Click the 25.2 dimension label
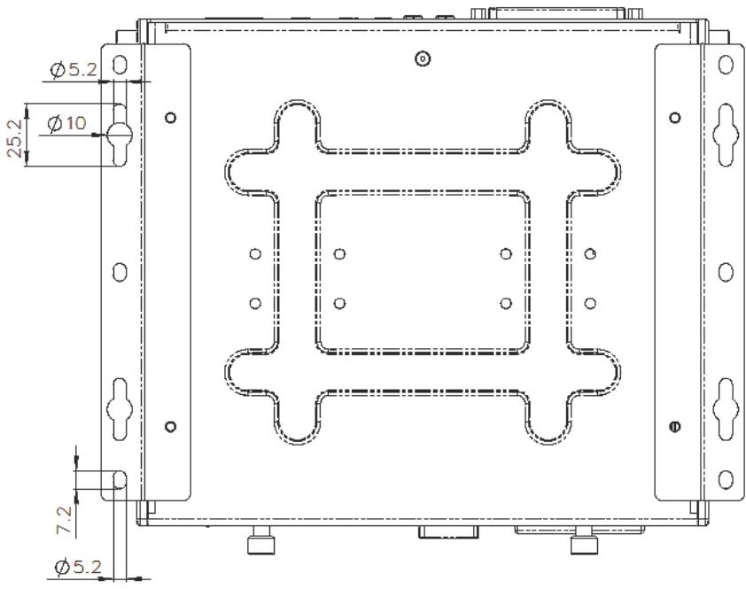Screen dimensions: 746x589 (15, 138)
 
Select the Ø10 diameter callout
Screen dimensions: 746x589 (67, 124)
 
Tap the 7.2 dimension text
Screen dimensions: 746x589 (63, 520)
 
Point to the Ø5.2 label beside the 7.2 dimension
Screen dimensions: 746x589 (78, 567)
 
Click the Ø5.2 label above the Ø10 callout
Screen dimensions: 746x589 (74, 70)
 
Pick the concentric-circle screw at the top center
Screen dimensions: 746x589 (423, 59)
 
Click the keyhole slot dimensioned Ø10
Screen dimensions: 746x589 (119, 135)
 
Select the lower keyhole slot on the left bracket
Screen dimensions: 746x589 (119, 409)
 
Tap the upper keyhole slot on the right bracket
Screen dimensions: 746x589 (726, 135)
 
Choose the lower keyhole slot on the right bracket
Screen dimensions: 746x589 (726, 409)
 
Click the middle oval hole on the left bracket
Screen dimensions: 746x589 (120, 272)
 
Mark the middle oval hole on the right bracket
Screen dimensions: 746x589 (726, 272)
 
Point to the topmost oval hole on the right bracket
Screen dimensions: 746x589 (726, 65)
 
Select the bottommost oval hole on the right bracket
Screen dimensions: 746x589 (726, 479)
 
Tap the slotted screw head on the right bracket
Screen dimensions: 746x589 (674, 426)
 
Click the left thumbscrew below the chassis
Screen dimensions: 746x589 (261, 540)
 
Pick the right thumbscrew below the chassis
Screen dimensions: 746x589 (584, 540)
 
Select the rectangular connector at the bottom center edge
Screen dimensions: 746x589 (448, 532)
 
